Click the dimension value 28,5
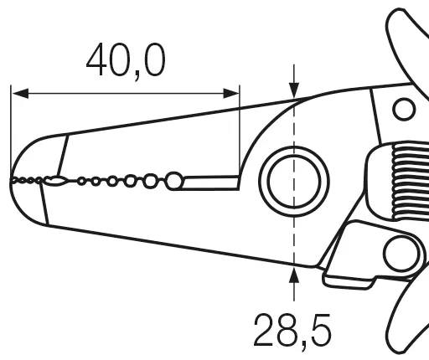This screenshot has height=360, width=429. (x=292, y=331)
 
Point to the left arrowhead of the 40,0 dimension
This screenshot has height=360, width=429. (x=20, y=94)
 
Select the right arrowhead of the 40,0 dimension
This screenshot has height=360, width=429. (x=231, y=94)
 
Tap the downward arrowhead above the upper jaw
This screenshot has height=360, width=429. (x=294, y=90)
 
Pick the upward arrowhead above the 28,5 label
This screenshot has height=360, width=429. (x=294, y=275)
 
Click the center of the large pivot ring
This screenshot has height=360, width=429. (x=294, y=182)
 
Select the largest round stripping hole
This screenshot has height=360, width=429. (x=174, y=181)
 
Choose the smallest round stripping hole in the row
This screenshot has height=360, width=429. (x=81, y=182)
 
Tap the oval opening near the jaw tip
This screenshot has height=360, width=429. (x=56, y=181)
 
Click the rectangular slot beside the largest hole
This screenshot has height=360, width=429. (x=211, y=183)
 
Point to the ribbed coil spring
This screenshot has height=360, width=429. (x=411, y=181)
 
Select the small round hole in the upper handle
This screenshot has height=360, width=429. (x=404, y=109)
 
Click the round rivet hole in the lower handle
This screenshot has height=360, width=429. (x=401, y=254)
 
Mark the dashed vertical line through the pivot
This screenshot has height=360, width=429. (x=294, y=183)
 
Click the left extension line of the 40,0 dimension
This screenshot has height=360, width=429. (x=11, y=132)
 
